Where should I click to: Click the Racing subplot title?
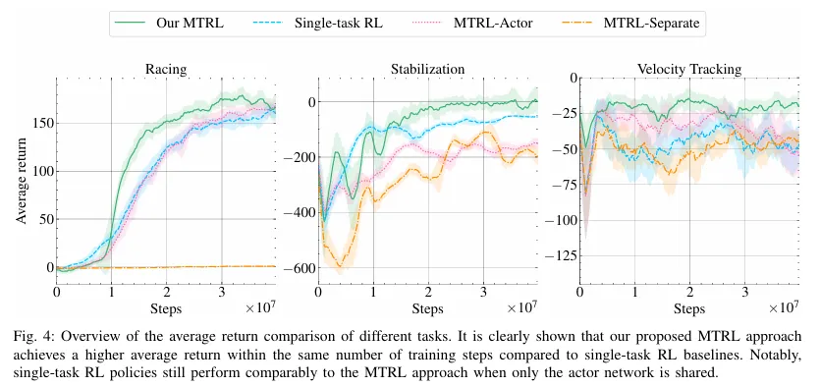pos(166,70)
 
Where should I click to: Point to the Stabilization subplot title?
pos(427,70)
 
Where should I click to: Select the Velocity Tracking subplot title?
pos(689,69)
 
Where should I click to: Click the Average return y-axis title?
pos(21,181)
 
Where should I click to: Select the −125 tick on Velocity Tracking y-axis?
pos(561,256)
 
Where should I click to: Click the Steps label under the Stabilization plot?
pos(427,309)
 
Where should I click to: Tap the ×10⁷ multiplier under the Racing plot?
pos(260,306)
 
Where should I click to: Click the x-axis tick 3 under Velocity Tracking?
pos(744,291)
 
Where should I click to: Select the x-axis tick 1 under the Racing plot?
pos(111,291)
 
